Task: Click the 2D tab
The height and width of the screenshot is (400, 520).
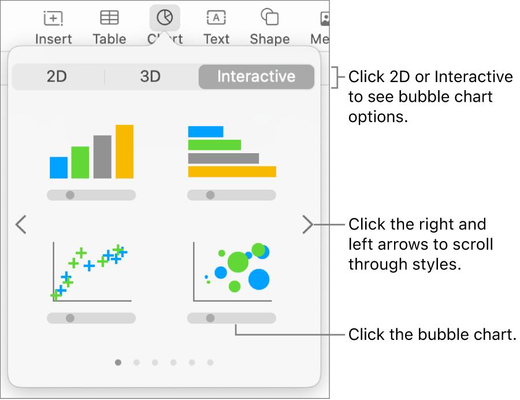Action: coord(57,77)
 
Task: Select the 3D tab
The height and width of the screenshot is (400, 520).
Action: coord(150,77)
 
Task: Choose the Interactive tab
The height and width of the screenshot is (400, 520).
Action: coord(256,77)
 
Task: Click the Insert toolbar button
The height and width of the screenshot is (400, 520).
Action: coord(53,27)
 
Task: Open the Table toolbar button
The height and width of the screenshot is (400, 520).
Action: coord(109,27)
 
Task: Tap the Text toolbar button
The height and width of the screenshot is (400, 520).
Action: coord(216,27)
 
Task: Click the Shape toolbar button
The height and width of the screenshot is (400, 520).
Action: coord(269,27)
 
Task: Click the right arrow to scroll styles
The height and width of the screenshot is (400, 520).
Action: coord(307,225)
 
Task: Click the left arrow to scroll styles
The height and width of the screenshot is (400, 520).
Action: coord(21,225)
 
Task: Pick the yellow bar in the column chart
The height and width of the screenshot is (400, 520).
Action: coord(124,151)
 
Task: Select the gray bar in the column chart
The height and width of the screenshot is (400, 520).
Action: coord(102,157)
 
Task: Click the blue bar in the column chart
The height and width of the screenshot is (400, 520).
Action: coord(58,167)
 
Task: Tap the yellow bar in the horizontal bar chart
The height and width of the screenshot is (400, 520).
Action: coord(232,172)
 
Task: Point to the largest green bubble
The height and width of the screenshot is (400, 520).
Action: coord(237,262)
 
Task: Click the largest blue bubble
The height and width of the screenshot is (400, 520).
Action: coord(259,279)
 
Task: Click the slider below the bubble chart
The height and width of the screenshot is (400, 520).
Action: coord(231,318)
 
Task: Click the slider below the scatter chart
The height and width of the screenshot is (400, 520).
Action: coord(91,318)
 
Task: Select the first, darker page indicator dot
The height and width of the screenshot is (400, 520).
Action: coord(118,362)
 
